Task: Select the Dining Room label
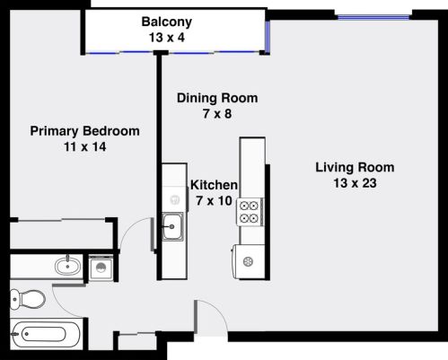click(x=217, y=98)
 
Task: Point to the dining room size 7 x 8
click(x=217, y=114)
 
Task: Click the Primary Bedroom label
click(x=85, y=131)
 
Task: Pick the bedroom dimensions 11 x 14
click(x=85, y=147)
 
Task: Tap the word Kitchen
click(x=214, y=185)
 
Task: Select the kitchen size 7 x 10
click(x=215, y=201)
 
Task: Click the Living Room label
click(x=355, y=167)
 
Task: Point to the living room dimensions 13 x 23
click(x=355, y=183)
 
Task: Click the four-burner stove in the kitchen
click(x=250, y=212)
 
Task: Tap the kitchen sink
click(x=172, y=228)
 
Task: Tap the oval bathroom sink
click(x=64, y=266)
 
